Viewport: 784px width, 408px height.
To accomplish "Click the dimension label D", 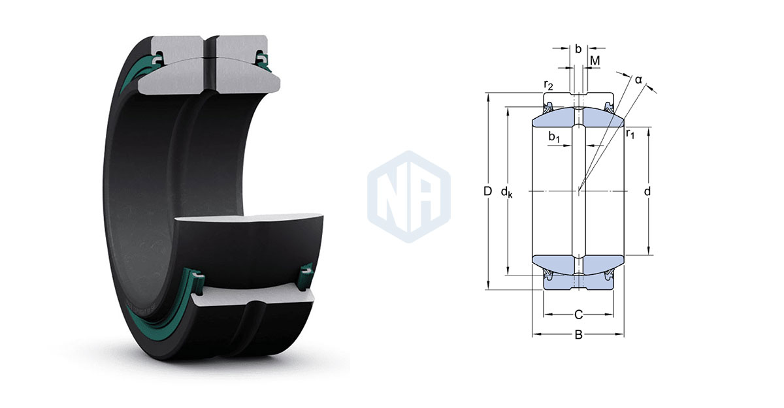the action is coord(488,191).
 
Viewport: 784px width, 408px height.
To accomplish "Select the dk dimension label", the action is coord(506,192).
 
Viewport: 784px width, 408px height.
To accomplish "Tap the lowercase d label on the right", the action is coord(647,191).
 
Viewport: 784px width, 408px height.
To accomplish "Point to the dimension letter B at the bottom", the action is coord(579,335).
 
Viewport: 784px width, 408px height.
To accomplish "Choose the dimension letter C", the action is coord(579,315).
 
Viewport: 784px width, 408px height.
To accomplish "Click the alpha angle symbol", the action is coord(639,80).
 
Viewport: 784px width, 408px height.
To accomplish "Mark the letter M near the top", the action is coord(595,61).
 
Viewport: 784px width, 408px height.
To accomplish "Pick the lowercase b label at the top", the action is coord(578,49).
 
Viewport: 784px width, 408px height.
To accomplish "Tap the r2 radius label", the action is coord(548,84).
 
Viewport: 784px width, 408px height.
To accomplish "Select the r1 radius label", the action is coord(630,133).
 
